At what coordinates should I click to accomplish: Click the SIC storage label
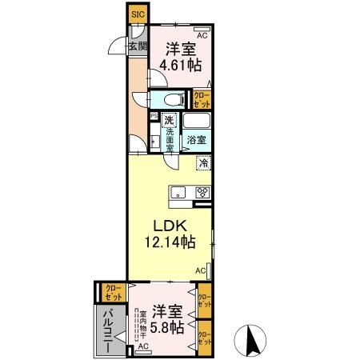(x=138, y=14)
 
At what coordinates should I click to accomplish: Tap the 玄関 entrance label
(x=137, y=46)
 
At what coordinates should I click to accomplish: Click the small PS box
(x=154, y=114)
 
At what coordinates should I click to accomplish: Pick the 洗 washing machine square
(x=169, y=121)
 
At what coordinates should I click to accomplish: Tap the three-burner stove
(x=202, y=191)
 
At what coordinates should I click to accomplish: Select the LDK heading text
(x=170, y=226)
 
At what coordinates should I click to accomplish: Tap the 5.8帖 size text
(x=167, y=327)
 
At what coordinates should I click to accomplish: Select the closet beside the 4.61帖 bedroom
(x=203, y=99)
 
